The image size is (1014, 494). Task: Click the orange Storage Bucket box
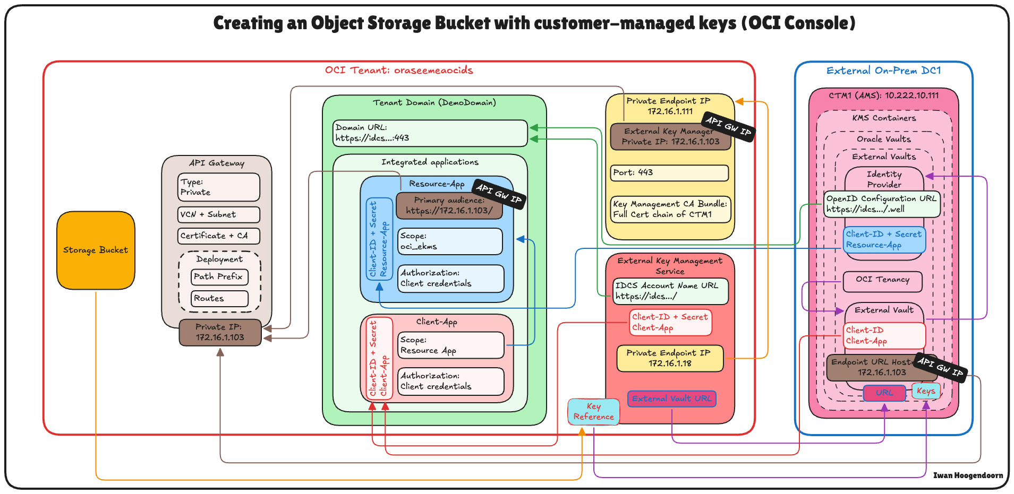pos(96,250)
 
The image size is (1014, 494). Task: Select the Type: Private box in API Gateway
pos(218,187)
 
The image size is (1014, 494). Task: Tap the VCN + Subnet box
pos(218,214)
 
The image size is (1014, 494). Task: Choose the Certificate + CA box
pos(218,236)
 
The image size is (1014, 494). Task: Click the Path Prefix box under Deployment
pos(219,276)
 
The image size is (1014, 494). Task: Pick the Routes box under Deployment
pos(219,298)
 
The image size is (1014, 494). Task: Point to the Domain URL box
pos(430,133)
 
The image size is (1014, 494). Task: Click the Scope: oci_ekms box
pos(450,241)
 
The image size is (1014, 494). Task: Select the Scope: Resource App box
pos(450,345)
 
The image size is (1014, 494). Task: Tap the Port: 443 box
pos(669,172)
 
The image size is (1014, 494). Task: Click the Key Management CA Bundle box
pos(670,209)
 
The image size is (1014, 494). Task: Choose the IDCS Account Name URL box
pos(670,291)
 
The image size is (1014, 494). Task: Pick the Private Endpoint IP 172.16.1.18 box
pos(669,358)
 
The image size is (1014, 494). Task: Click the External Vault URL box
pos(671,398)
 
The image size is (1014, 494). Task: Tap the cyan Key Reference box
pos(593,412)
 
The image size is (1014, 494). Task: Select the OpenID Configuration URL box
pos(882,204)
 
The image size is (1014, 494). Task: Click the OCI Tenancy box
pos(882,280)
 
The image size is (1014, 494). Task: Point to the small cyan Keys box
pos(926,391)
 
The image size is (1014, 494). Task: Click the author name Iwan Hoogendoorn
pos(968,475)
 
